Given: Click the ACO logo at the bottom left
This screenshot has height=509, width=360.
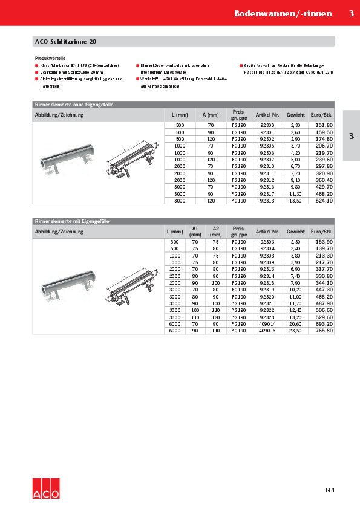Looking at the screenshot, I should (46, 487).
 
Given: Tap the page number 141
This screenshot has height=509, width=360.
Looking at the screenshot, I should (329, 490).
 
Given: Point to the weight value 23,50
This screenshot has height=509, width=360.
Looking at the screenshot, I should (295, 331).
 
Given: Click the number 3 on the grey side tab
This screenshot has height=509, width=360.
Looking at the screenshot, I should (351, 136).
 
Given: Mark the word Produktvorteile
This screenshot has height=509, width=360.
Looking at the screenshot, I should (50, 57).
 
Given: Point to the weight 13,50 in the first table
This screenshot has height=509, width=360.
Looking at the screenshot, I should (295, 200).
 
